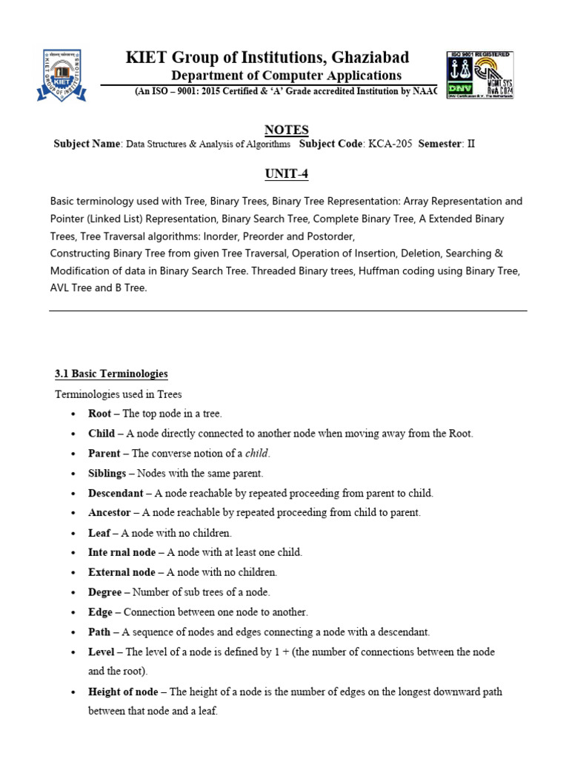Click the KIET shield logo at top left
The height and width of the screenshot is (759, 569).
(x=61, y=75)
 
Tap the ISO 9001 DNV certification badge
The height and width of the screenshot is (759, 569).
(x=479, y=75)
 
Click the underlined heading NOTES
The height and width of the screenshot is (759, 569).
(x=286, y=130)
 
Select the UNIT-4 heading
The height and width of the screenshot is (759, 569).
(x=286, y=173)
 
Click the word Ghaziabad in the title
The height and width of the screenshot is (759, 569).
(x=367, y=58)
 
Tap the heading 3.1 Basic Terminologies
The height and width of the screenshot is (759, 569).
(x=112, y=374)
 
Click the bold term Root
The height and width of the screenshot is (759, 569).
(x=100, y=414)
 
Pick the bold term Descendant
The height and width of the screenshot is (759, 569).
(x=116, y=493)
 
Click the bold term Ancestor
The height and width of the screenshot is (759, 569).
(x=109, y=512)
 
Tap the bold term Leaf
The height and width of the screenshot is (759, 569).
(x=99, y=532)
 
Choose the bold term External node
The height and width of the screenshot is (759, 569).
(x=122, y=572)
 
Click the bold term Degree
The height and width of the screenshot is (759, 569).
(x=104, y=592)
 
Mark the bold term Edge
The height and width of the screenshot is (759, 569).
(x=100, y=612)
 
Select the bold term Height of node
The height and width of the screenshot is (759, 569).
(x=123, y=692)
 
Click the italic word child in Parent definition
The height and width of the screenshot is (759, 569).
(x=259, y=453)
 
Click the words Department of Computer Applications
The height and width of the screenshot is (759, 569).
(x=286, y=76)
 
